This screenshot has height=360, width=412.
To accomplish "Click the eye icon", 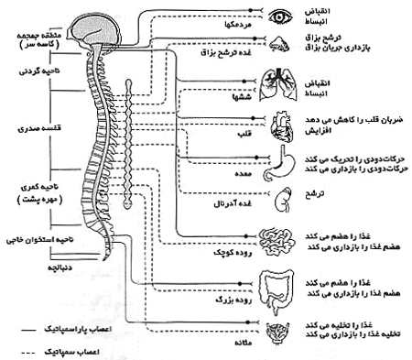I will pyautogui.click(x=279, y=15).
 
